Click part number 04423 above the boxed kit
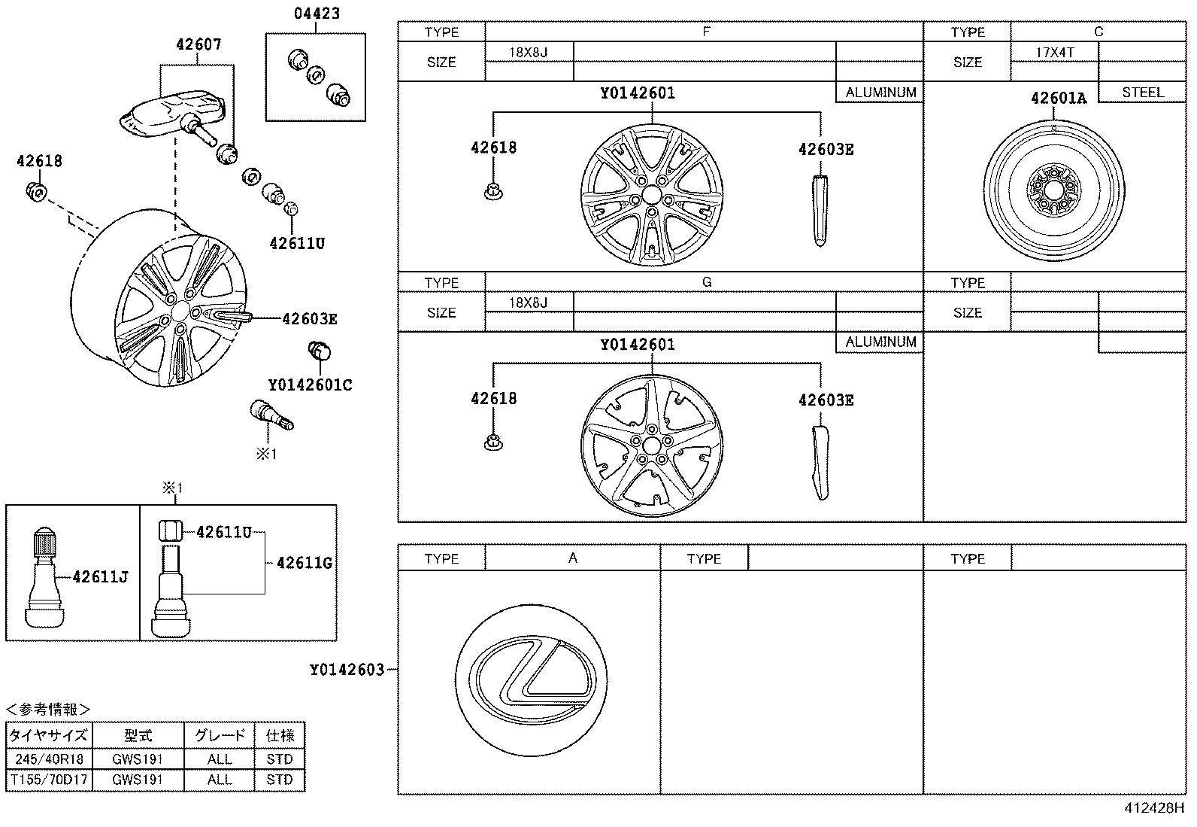click(317, 14)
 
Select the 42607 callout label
click(198, 44)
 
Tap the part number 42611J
click(101, 576)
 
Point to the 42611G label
click(305, 563)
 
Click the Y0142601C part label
click(311, 385)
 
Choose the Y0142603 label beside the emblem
click(347, 670)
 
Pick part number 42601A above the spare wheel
click(1059, 99)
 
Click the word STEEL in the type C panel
click(1143, 93)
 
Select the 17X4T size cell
click(1055, 53)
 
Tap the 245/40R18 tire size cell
click(49, 759)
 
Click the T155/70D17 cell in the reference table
click(49, 780)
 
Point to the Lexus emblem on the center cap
click(532, 680)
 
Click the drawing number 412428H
click(1154, 807)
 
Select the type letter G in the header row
click(707, 282)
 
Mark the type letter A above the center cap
click(573, 558)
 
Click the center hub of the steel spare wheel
click(1054, 190)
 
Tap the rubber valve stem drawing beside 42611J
click(45, 578)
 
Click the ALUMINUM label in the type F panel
click(880, 93)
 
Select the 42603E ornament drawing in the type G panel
click(820, 463)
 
